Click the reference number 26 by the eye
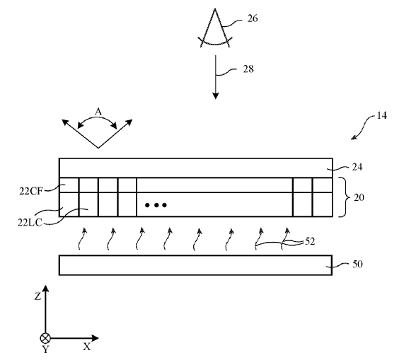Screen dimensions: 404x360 [x=253, y=18]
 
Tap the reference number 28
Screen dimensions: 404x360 [x=248, y=69]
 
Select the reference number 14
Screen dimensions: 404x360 [x=381, y=115]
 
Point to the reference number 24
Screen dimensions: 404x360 [x=357, y=167]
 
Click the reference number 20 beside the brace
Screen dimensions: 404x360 [x=359, y=197]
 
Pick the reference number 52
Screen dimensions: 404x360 [x=310, y=242]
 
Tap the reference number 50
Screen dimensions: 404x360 [x=357, y=265]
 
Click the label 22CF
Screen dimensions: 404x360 [x=30, y=192]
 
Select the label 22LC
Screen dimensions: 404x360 [x=30, y=223]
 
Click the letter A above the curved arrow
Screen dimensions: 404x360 [x=98, y=112]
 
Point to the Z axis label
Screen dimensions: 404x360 [x=37, y=296]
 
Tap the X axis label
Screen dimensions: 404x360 [x=87, y=347]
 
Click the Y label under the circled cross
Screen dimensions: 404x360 [x=45, y=349]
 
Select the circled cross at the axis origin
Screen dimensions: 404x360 [x=45, y=338]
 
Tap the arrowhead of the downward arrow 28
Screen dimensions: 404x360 [x=216, y=95]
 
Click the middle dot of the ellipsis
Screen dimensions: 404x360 [x=156, y=205]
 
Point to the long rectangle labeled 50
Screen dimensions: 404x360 [x=195, y=265]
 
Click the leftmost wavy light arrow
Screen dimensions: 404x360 [x=81, y=239]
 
